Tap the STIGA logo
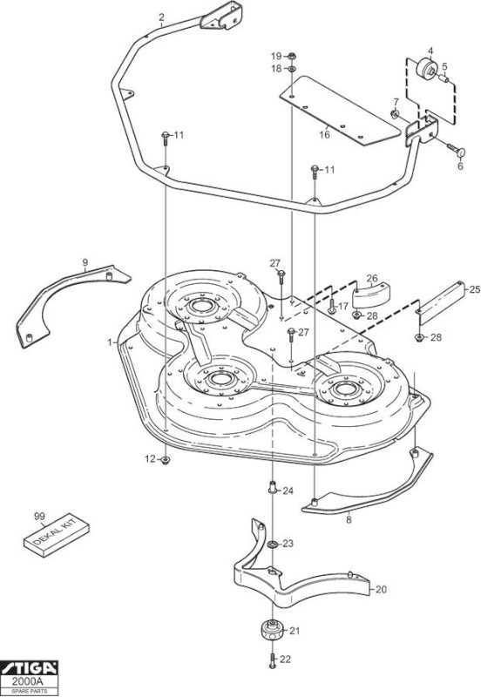30,668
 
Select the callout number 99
39,516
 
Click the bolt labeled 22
273,661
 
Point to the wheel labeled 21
271,630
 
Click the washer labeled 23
273,545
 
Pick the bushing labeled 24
273,488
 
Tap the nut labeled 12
166,460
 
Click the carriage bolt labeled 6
456,150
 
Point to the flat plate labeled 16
340,111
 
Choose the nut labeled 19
292,57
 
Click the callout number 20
381,590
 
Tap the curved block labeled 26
371,295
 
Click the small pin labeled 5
444,78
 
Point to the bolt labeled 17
331,305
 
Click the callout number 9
85,262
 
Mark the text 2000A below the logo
30,681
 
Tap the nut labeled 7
395,114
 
